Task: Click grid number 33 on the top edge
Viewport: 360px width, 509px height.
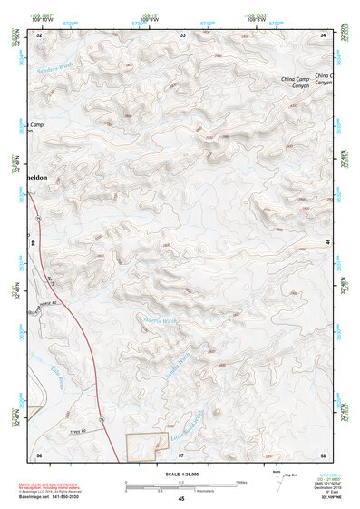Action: (182, 35)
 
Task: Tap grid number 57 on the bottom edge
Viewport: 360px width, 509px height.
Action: (181, 453)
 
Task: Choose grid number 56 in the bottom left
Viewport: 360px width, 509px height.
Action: (39, 453)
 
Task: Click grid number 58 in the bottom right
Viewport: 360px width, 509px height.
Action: (324, 453)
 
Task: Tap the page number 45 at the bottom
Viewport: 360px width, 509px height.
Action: (181, 499)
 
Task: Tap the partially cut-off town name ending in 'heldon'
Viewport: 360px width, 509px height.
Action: (43, 180)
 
